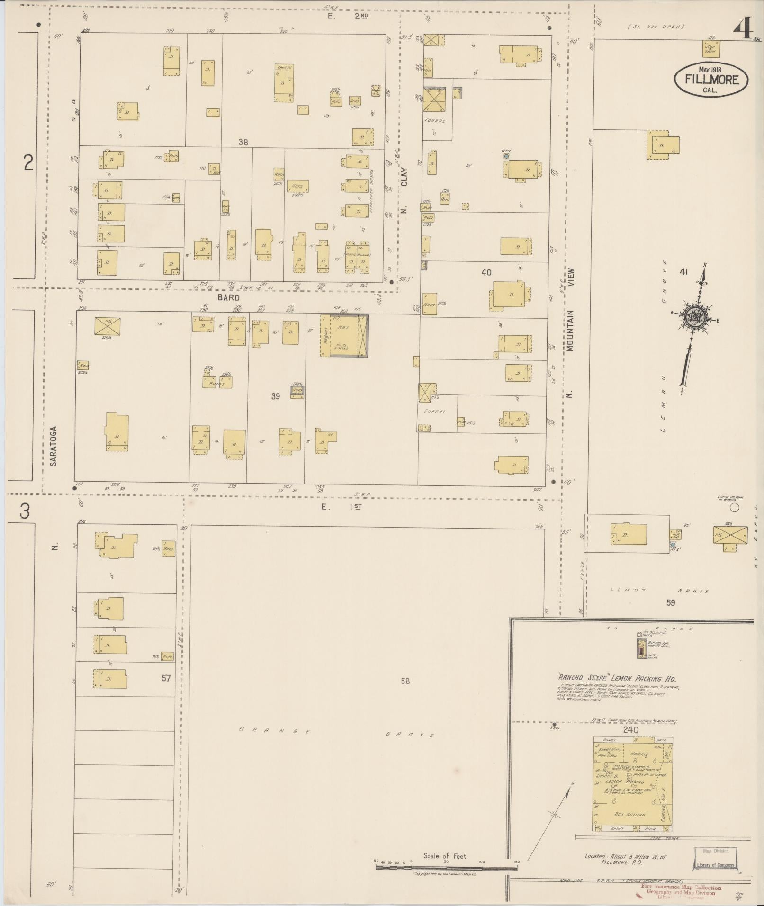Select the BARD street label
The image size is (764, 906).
(x=229, y=297)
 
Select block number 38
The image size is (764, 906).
(x=243, y=142)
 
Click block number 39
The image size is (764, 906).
(x=276, y=396)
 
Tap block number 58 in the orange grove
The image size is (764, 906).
(x=405, y=681)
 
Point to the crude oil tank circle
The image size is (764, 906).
(x=734, y=508)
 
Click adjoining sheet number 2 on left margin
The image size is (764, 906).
(x=29, y=163)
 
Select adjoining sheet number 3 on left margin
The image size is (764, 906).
(x=25, y=511)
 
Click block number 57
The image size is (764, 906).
(x=166, y=678)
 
